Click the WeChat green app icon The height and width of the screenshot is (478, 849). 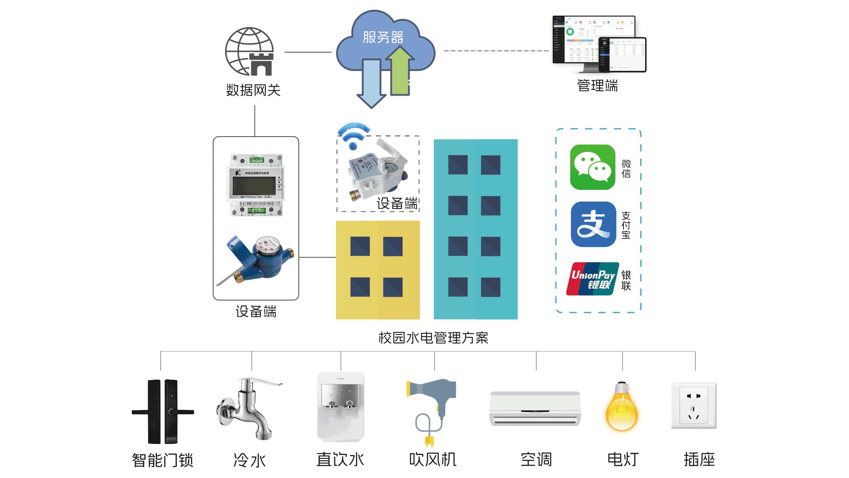pos(593,167)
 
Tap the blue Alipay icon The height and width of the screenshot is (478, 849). pos(593,224)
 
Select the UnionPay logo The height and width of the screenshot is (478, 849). pos(593,279)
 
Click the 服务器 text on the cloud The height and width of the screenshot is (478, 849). pos(383,37)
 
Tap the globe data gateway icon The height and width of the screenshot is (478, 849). pos(249,52)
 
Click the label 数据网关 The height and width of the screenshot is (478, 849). pos(253,90)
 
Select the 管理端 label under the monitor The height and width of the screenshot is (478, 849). pos(597,85)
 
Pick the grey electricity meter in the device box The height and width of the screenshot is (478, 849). pos(256,185)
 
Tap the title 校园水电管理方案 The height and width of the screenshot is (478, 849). pos(433,338)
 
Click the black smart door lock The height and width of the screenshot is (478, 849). pos(162,412)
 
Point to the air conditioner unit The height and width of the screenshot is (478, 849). pos(535,409)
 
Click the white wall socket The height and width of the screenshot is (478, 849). pos(693,406)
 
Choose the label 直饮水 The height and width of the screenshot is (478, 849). pos(340,459)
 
